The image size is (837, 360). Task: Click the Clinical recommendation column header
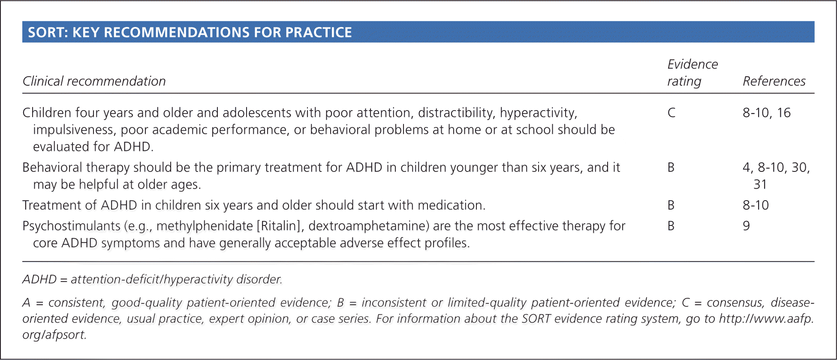pos(94,81)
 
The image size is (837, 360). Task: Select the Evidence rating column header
pos(692,72)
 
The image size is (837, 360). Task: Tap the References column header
pos(774,81)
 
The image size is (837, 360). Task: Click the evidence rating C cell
pos(671,113)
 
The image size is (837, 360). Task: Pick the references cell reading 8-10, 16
pos(767,113)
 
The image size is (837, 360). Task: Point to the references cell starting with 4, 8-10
pos(776,176)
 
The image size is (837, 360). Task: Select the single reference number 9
pos(747,226)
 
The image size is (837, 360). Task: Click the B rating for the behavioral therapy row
pos(671,168)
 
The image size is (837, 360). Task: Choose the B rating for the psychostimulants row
pos(671,226)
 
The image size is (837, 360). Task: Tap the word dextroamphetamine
pos(369,226)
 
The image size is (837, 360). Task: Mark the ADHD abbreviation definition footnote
pos(152,279)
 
